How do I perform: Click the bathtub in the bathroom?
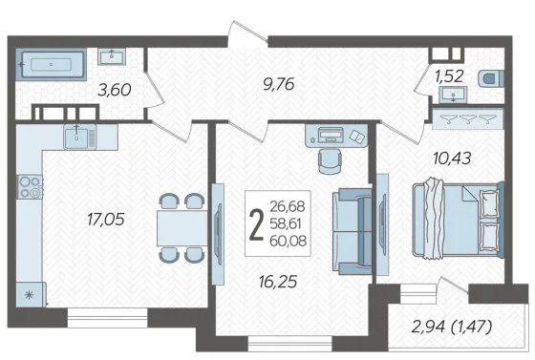pyautogui.click(x=52, y=64)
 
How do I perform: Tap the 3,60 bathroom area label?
pyautogui.click(x=115, y=91)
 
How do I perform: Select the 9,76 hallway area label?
pyautogui.click(x=279, y=84)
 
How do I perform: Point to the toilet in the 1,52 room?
pyautogui.click(x=491, y=78)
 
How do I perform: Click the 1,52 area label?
pyautogui.click(x=449, y=76)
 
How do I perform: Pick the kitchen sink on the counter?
pyautogui.click(x=80, y=137)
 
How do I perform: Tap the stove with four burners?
pyautogui.click(x=30, y=187)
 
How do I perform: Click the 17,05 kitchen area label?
pyautogui.click(x=106, y=220)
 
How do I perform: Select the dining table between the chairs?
pyautogui.click(x=182, y=228)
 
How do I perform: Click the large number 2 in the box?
pyautogui.click(x=257, y=224)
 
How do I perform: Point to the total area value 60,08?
pyautogui.click(x=288, y=241)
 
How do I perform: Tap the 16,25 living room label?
pyautogui.click(x=278, y=282)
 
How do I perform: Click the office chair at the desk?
pyautogui.click(x=330, y=160)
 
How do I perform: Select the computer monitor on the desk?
pyautogui.click(x=331, y=135)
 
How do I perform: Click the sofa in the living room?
pyautogui.click(x=353, y=232)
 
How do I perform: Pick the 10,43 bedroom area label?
pyautogui.click(x=452, y=159)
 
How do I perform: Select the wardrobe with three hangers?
pyautogui.click(x=468, y=118)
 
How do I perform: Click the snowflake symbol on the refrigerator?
pyautogui.click(x=30, y=295)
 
